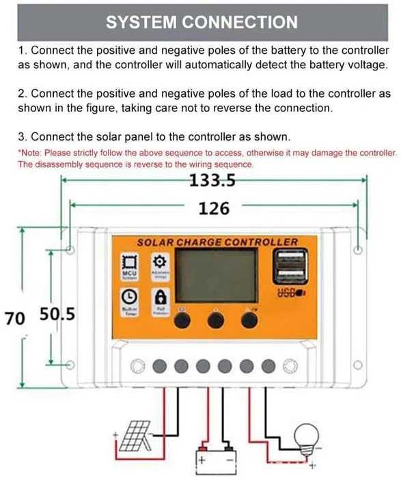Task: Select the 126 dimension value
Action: pos(214,208)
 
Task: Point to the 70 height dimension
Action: pos(14,317)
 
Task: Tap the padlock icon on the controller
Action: pos(161,298)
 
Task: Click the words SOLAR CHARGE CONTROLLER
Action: pos(217,242)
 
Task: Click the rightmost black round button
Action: pos(249,322)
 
